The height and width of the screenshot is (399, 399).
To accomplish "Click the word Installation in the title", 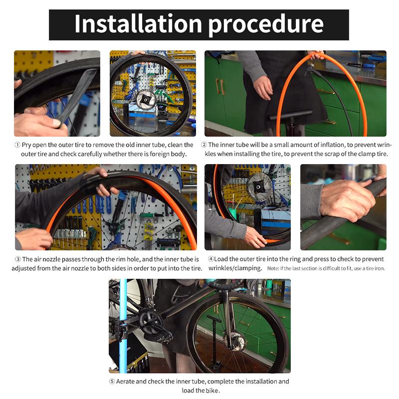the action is [x=138, y=23].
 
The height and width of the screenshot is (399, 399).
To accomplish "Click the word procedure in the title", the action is [x=266, y=26].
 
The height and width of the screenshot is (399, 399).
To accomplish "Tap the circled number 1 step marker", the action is [x=17, y=145].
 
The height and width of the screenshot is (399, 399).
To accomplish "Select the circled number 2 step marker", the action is [x=204, y=145].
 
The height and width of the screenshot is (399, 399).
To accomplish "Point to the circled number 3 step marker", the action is [x=18, y=259].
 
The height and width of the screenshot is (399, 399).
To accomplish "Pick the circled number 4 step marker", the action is [x=210, y=259].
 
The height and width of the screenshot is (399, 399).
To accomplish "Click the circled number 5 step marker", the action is [x=112, y=382].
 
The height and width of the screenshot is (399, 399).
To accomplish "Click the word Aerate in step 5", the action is [x=125, y=382].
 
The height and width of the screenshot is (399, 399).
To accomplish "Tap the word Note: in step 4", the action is [x=273, y=268].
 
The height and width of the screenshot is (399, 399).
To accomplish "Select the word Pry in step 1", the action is [x=26, y=145].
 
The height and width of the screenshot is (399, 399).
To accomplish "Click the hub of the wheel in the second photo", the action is [x=146, y=100].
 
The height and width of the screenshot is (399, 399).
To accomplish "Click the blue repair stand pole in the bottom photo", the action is [x=123, y=326].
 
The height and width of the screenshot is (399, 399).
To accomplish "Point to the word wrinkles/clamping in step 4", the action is [x=235, y=268].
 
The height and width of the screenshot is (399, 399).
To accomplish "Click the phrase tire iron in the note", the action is [x=376, y=268].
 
